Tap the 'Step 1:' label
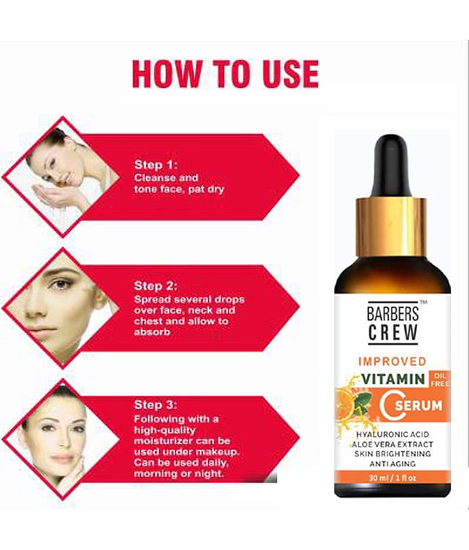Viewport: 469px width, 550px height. [x=156, y=165]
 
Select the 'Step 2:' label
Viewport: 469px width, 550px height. [x=155, y=286]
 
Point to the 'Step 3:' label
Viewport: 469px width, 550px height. [x=155, y=405]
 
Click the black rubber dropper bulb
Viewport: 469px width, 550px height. [x=391, y=166]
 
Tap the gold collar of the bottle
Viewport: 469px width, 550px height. [x=391, y=227]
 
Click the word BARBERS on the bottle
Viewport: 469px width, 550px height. [x=393, y=313]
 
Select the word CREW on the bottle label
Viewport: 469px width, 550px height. [x=393, y=333]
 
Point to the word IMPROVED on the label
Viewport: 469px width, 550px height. [x=392, y=361]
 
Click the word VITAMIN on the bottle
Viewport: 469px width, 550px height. [x=393, y=379]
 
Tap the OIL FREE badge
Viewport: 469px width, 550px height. [x=439, y=379]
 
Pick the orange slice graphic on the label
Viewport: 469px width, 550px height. [x=345, y=404]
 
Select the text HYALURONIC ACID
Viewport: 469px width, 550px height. [x=392, y=434]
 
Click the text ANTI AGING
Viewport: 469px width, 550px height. [x=392, y=463]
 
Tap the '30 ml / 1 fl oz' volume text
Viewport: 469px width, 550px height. [x=392, y=478]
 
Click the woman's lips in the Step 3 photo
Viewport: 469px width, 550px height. [x=62, y=458]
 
